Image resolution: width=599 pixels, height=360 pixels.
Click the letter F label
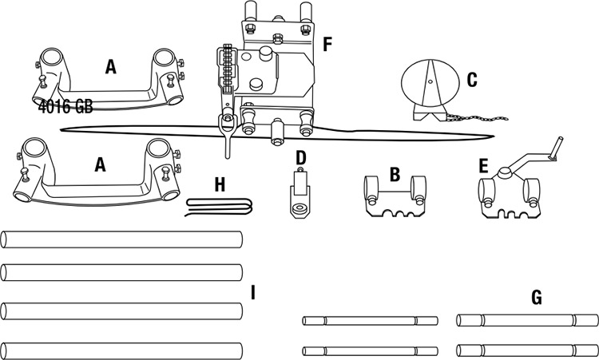pos(327,45)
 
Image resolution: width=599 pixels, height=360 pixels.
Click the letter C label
pos(471,79)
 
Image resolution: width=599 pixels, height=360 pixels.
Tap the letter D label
pos(300,157)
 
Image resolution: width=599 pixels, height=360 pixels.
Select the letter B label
pos(394,173)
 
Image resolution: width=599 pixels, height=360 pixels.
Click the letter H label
pos(220,185)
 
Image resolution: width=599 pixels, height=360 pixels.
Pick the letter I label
pos(252,293)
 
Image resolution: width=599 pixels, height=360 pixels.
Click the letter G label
pos(536,298)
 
